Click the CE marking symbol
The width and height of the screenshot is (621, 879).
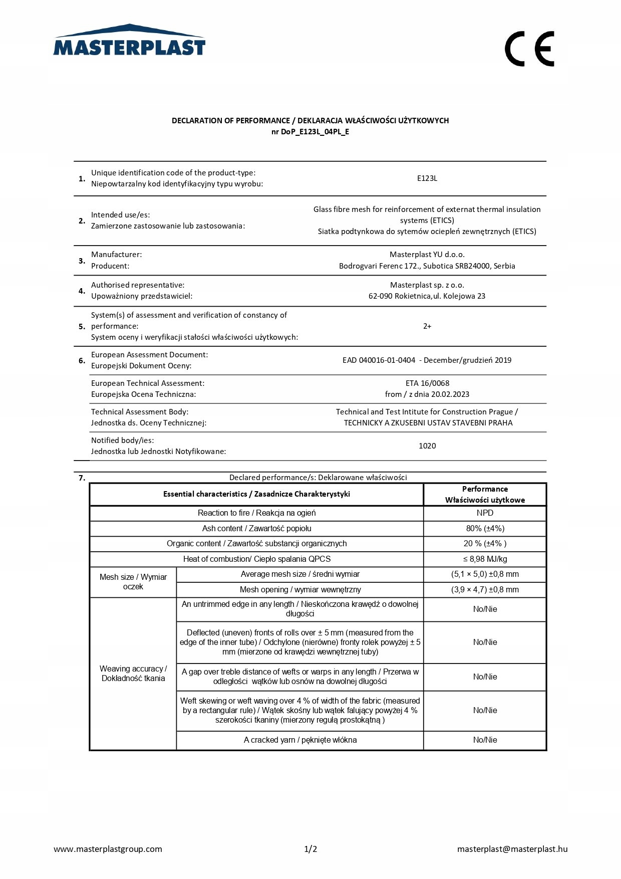[529, 49]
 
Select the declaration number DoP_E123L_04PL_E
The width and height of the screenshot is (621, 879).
[310, 132]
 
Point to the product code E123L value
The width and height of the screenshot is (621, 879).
[427, 178]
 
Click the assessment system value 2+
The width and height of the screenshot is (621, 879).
[427, 326]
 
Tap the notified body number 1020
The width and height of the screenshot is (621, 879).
[427, 446]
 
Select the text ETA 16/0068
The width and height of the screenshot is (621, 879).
[427, 383]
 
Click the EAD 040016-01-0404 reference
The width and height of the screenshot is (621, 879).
[379, 360]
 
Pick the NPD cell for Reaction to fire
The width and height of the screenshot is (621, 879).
[484, 513]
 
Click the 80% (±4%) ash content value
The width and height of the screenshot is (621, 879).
[484, 529]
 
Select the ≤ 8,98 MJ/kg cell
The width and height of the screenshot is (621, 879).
[484, 559]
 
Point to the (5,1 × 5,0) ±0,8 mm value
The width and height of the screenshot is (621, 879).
[484, 574]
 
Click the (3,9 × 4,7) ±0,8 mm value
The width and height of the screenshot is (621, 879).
[484, 590]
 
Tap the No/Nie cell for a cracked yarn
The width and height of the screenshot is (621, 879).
[484, 740]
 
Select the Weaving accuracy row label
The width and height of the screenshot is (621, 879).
[133, 674]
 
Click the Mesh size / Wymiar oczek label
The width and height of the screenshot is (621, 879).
[133, 582]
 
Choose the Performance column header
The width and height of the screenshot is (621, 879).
[484, 494]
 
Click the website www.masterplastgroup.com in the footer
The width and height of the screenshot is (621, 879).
[108, 849]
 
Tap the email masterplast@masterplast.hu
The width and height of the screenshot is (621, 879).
[512, 849]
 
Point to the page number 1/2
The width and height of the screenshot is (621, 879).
[310, 849]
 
